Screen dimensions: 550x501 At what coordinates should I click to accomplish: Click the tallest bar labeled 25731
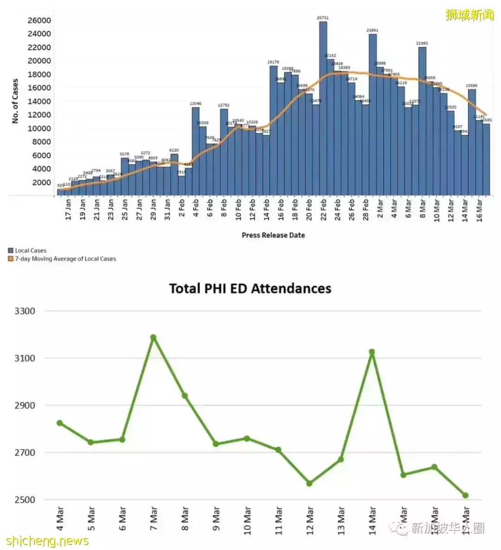click(x=323, y=107)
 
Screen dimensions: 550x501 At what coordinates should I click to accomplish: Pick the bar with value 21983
click(x=422, y=120)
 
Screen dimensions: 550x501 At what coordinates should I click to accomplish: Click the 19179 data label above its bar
click(x=273, y=62)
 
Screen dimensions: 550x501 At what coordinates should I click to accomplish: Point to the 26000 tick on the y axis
click(x=39, y=20)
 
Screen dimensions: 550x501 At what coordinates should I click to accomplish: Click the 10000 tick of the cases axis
click(x=39, y=128)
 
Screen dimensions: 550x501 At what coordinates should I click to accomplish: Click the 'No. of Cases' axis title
click(x=15, y=101)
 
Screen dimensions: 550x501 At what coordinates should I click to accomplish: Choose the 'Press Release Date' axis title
click(x=273, y=235)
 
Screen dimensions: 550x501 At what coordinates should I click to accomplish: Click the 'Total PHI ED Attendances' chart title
click(x=250, y=288)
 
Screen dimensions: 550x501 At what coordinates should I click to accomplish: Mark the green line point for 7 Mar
click(x=153, y=337)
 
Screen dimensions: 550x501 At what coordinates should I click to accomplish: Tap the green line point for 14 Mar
click(x=372, y=352)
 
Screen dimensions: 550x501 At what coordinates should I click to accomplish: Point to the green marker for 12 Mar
click(x=309, y=483)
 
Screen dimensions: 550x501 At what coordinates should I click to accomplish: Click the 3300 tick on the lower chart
click(x=25, y=311)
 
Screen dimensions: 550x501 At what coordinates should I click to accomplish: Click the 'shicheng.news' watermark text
click(x=47, y=541)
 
